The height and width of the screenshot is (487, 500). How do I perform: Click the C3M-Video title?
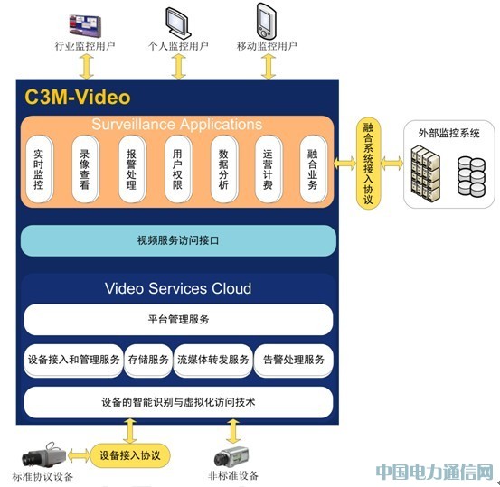pos(78,97)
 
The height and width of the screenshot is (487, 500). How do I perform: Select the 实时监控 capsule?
pos(39,169)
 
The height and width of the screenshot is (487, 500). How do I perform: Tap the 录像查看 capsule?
pos(85,169)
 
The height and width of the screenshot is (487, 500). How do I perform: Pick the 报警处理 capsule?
pos(131,169)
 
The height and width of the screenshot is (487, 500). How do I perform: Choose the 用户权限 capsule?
pos(177,169)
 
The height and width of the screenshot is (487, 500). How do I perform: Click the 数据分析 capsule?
pos(223,169)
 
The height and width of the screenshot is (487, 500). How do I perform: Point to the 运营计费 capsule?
pos(269,169)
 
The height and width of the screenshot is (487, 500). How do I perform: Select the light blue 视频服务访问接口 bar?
pos(178,240)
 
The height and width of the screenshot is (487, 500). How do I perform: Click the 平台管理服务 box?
pos(178,319)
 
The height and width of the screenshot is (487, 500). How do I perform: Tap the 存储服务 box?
pos(148,361)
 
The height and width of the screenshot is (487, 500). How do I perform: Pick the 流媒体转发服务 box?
pos(213,361)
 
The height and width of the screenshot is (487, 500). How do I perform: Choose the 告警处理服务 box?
pos(294,361)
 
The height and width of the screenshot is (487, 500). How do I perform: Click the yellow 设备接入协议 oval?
pos(130,455)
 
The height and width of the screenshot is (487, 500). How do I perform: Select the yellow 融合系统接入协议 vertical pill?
pos(368,164)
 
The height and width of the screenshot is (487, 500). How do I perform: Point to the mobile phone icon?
pos(266,21)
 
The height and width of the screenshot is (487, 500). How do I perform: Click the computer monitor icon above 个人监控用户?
pos(178,22)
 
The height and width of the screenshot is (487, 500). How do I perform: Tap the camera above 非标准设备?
pos(231,455)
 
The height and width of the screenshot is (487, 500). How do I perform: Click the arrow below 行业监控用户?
pos(87,66)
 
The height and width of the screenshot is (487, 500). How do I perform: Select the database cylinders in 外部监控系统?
pos(471,176)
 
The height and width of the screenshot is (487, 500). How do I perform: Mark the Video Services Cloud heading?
pos(178,288)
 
